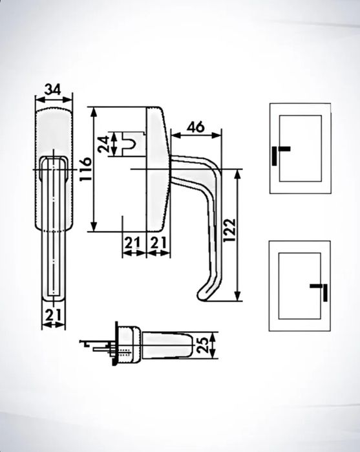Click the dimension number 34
[x=54, y=89]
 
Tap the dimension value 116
[x=85, y=169]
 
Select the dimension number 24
[x=103, y=144]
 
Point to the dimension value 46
[x=196, y=127]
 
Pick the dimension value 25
[x=203, y=345]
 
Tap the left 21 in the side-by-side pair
[x=132, y=242]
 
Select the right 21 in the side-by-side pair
[x=158, y=242]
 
